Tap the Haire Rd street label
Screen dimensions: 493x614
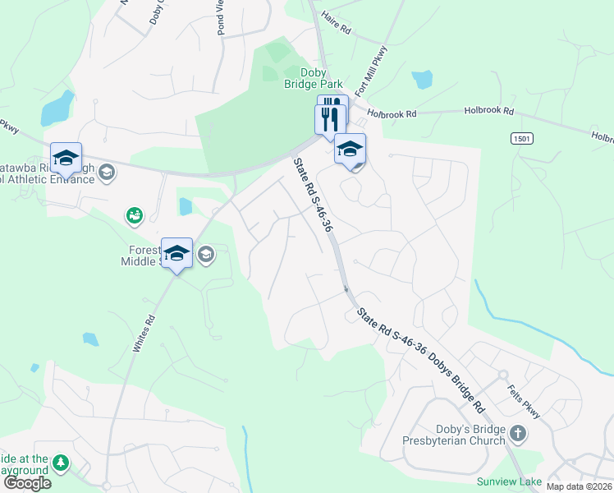tap(336, 22)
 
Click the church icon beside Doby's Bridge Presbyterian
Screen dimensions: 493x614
tap(517, 433)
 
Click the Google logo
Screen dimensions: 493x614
tap(27, 482)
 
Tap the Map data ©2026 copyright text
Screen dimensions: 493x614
tap(579, 486)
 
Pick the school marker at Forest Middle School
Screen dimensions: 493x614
tap(176, 253)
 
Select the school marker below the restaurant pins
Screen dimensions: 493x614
tap(350, 150)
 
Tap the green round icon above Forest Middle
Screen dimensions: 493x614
tap(134, 215)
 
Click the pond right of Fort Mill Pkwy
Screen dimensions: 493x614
tap(422, 80)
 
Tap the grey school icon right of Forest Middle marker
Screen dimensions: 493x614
tap(205, 255)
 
